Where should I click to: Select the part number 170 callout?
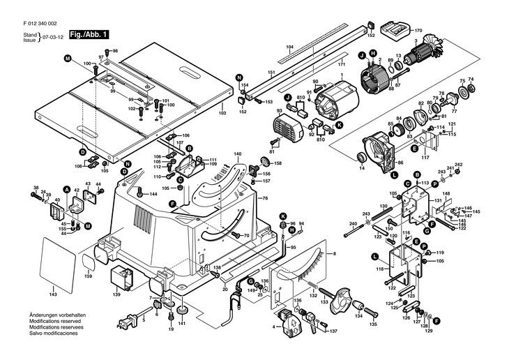point(419,31)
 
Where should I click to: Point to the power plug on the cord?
point(125,323)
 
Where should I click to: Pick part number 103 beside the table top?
point(222,113)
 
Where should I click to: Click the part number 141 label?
point(181,324)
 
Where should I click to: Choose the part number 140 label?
point(238,153)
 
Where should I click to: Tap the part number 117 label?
point(423,158)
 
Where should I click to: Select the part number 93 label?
point(279,110)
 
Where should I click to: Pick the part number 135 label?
point(373,324)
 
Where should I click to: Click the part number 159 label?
point(88,276)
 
